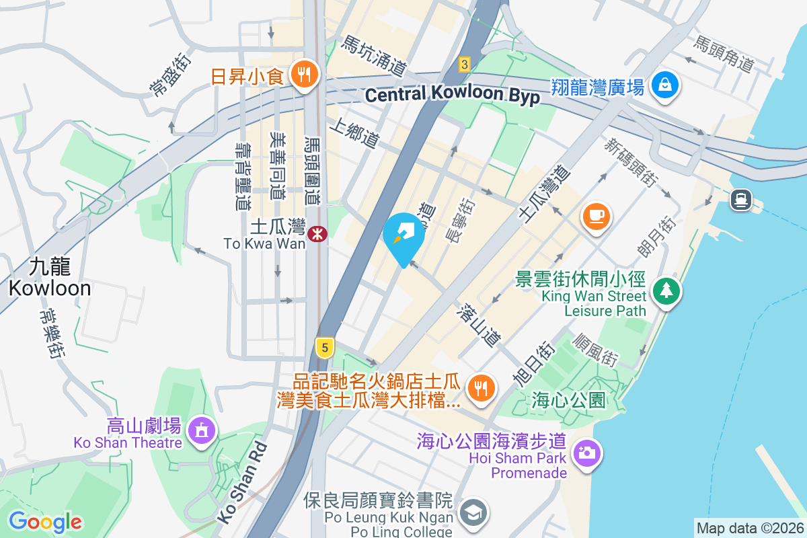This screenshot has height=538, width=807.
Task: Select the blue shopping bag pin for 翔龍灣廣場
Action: point(664,85)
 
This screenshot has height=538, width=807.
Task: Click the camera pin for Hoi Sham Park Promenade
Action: point(587,452)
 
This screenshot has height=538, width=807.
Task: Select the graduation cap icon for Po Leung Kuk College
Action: point(474,513)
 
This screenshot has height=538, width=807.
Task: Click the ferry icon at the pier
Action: point(741,199)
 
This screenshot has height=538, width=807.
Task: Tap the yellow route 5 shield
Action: point(325,348)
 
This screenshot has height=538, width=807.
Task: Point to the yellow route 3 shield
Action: point(463,65)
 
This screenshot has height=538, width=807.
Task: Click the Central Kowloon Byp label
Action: point(452,95)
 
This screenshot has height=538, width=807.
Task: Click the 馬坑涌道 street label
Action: point(374,55)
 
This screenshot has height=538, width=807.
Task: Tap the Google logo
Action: point(45,521)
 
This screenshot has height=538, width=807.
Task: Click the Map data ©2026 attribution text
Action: point(750,528)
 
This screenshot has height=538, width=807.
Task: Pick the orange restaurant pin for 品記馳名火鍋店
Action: point(482,388)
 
